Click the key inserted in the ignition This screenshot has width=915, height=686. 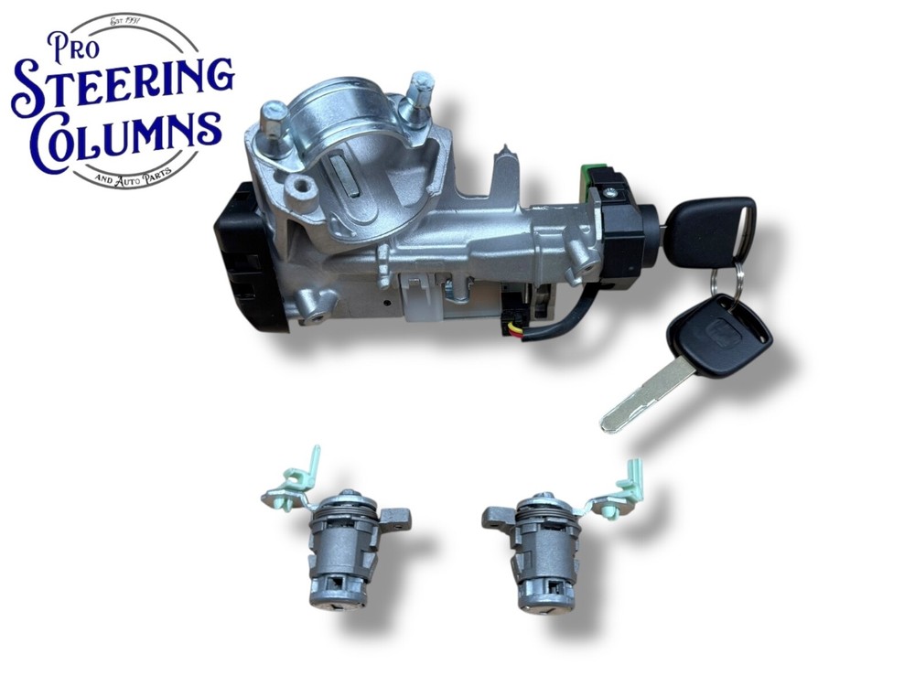(x=707, y=230)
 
